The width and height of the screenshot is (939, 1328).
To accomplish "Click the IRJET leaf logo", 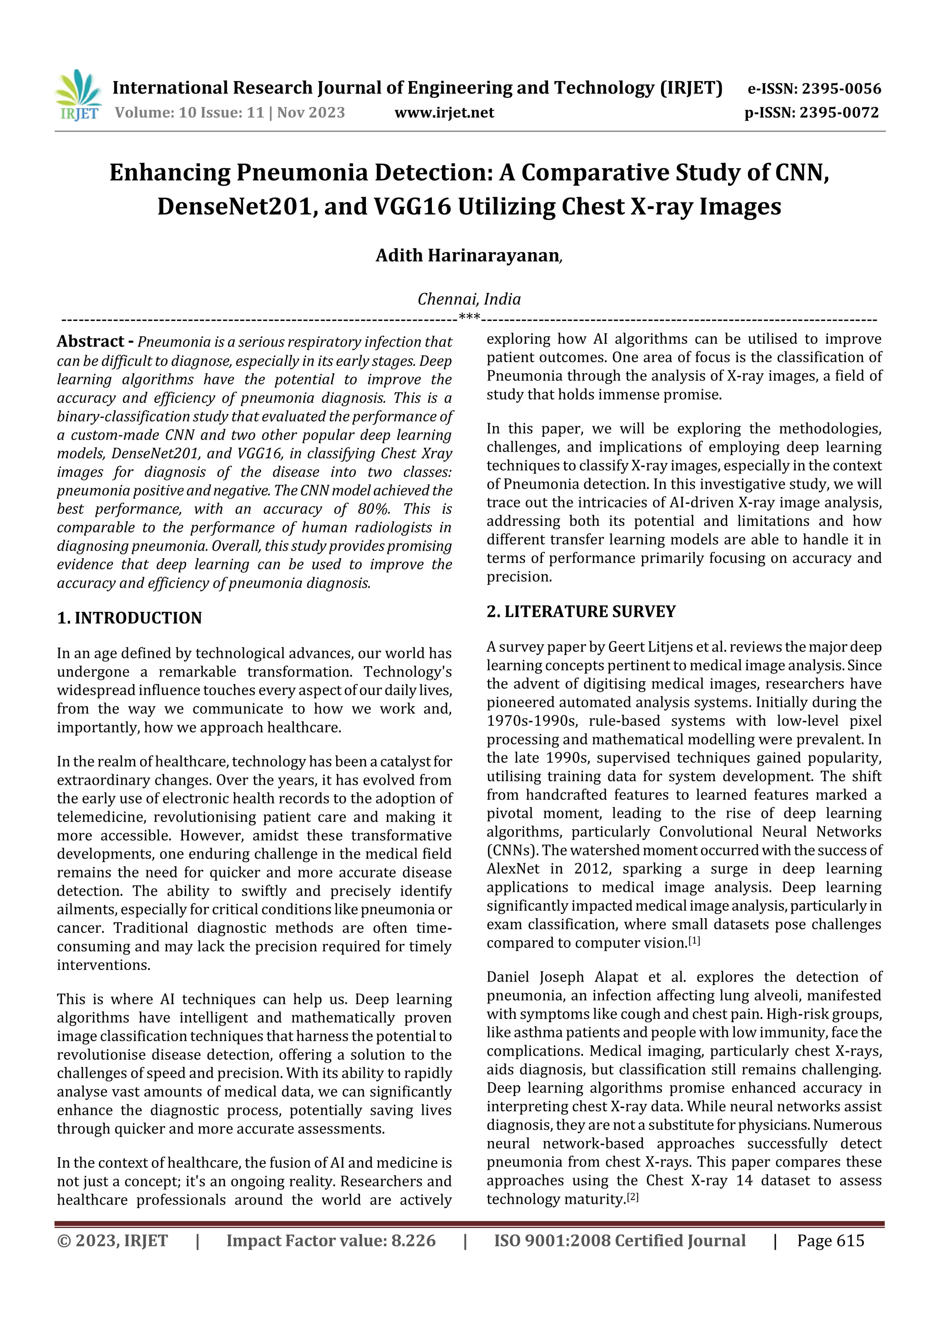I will click(x=78, y=95).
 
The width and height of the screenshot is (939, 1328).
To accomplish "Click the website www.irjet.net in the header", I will click(x=444, y=113).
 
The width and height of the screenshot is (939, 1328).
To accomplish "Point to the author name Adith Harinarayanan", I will click(x=468, y=256).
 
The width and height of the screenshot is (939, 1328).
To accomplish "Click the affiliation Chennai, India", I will click(x=469, y=299).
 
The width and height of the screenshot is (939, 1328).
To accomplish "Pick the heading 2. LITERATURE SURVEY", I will click(x=581, y=612).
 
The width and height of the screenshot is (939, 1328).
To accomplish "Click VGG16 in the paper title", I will click(x=413, y=206).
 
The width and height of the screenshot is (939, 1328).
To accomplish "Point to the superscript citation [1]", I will click(x=694, y=941).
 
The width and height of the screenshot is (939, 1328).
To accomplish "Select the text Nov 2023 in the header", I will click(x=311, y=112).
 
